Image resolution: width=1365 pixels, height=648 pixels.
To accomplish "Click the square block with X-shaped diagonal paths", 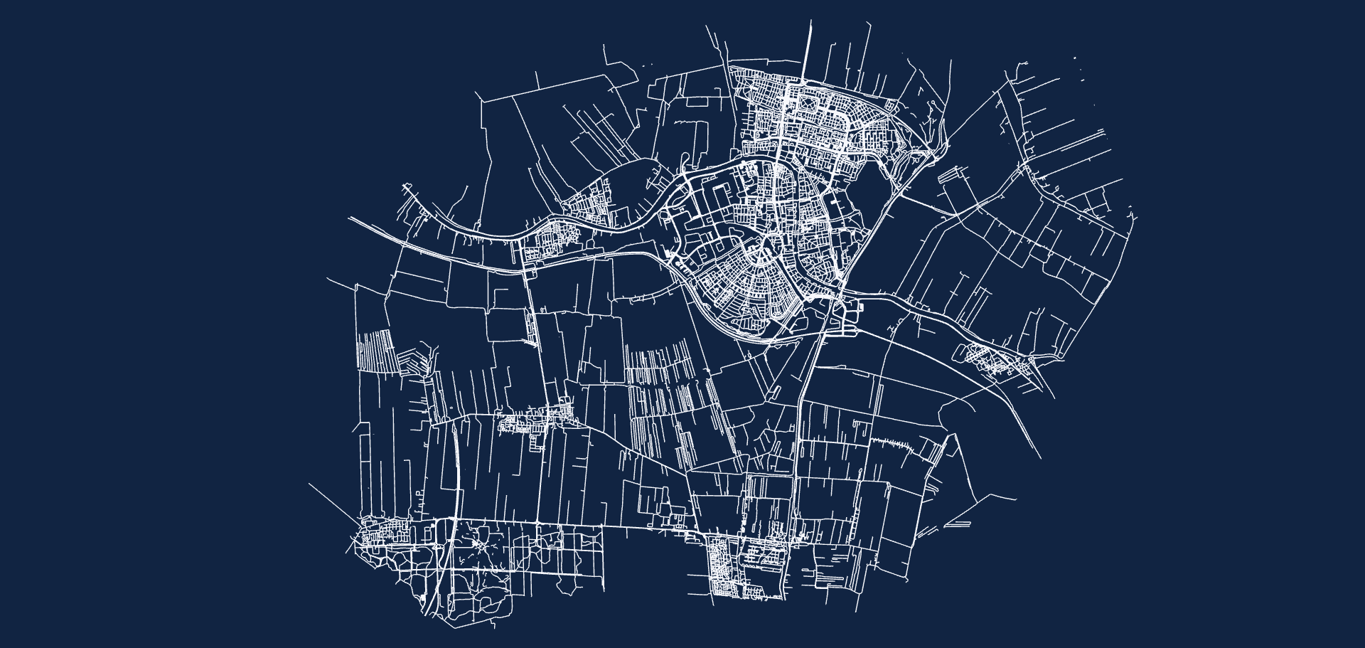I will point(809,107).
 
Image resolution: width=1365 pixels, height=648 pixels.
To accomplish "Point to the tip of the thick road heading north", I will point(810,21).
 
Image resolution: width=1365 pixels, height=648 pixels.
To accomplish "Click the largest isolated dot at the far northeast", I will point(1074,58).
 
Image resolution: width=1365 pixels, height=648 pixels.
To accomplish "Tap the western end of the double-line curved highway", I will point(349,218).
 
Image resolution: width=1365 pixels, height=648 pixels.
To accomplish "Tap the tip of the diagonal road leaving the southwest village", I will point(309,484).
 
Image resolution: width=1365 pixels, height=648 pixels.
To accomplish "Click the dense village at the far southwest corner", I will point(384,533).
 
